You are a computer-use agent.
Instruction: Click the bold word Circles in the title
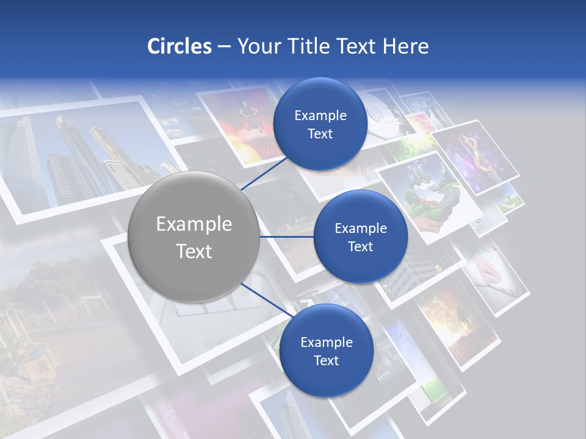tap(179, 46)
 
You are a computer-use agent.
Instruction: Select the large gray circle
tap(194, 237)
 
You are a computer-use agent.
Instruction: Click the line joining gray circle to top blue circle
tap(264, 172)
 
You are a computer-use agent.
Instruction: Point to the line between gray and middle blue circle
tap(287, 237)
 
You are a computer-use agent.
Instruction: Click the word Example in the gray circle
tap(194, 224)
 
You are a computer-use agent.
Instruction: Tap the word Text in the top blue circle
tap(320, 134)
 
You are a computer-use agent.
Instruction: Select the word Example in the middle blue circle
tap(360, 228)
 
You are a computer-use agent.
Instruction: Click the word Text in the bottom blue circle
tap(326, 360)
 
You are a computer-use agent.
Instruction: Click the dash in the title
tap(223, 46)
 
